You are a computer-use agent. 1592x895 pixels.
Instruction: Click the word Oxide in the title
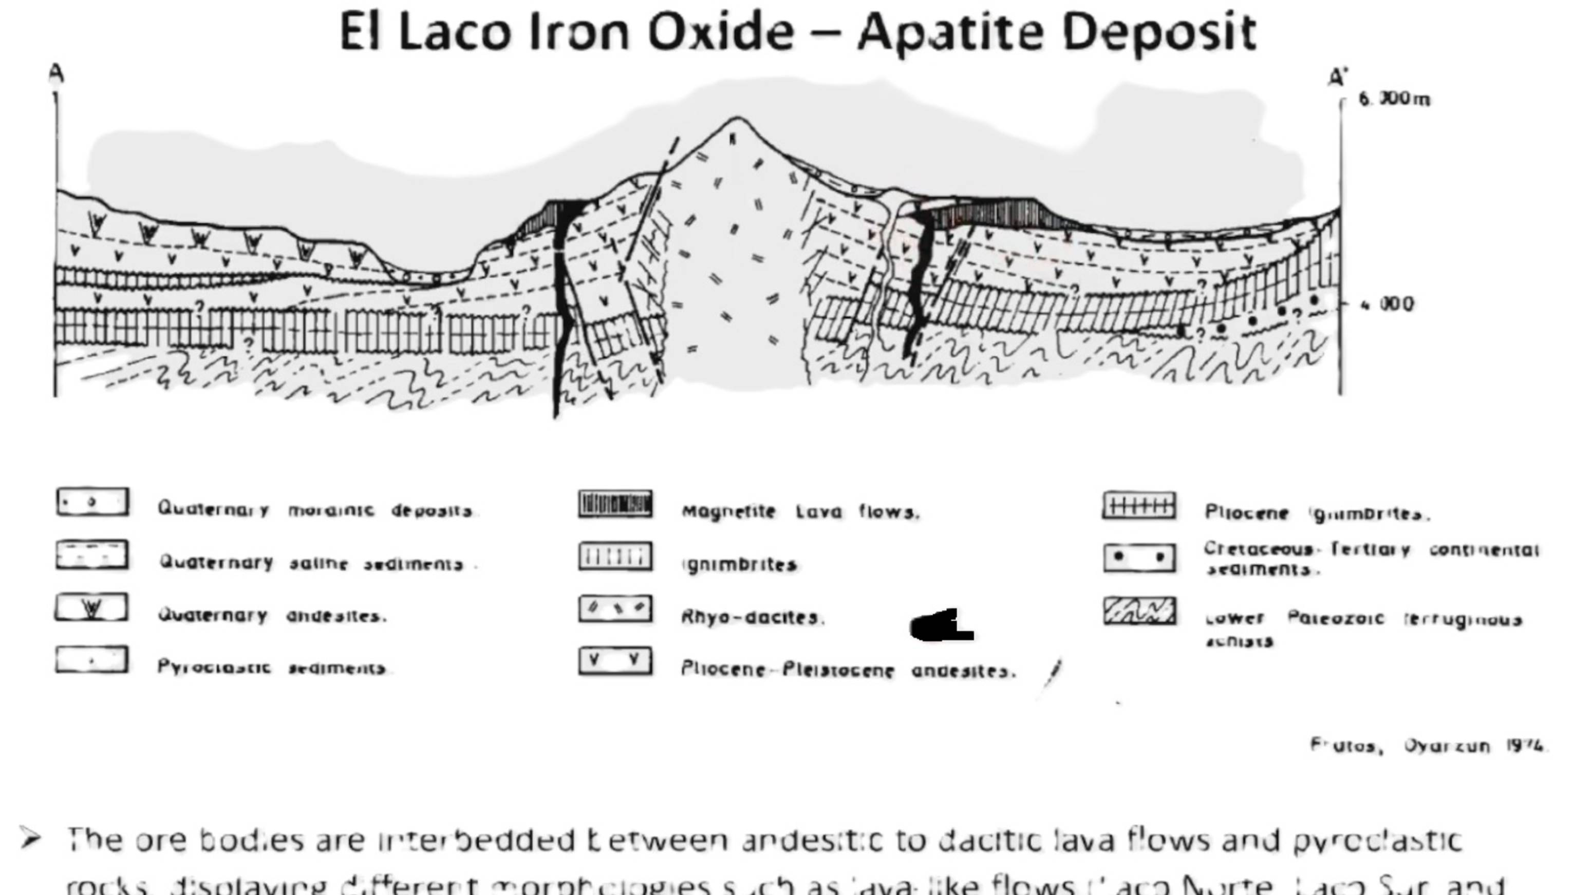[x=720, y=32]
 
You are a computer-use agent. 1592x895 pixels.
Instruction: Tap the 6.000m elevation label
[x=1394, y=99]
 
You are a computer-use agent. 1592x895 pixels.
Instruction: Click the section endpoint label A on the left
[x=56, y=74]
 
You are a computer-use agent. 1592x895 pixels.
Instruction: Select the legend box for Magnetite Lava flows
[x=615, y=504]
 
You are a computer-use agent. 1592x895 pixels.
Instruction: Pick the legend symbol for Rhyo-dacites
[x=615, y=608]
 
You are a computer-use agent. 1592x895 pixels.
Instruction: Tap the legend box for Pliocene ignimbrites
[x=1139, y=506]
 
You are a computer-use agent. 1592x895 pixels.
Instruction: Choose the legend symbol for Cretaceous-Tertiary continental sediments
[x=1139, y=558]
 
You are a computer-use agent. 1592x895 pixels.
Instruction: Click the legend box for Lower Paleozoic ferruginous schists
[x=1139, y=611]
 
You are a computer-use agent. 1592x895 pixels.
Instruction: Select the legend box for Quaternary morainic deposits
[x=92, y=502]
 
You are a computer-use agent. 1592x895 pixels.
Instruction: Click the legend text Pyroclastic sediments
[x=271, y=668]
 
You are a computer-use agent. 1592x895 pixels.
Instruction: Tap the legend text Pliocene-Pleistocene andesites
[x=847, y=670]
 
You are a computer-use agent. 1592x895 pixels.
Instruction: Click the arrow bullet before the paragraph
[x=30, y=838]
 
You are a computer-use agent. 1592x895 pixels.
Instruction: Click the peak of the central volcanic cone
[x=736, y=118]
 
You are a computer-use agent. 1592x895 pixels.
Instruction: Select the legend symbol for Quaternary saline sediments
[x=92, y=555]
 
